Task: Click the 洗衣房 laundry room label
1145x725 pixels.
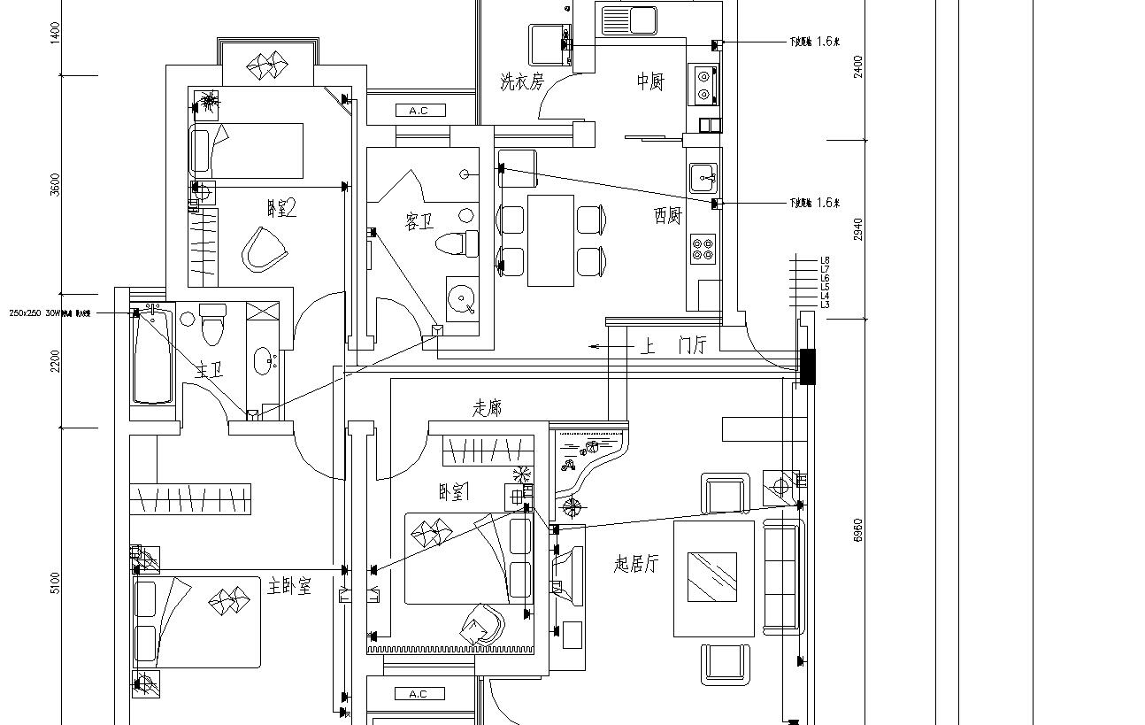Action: click(520, 82)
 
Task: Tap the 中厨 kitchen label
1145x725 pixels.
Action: click(649, 81)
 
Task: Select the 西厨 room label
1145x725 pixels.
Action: click(668, 215)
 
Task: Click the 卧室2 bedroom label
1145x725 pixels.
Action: click(281, 209)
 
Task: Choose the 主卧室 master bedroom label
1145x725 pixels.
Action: click(290, 586)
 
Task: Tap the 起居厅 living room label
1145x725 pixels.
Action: click(636, 564)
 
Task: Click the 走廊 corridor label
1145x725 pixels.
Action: click(488, 407)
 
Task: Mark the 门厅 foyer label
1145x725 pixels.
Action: click(692, 346)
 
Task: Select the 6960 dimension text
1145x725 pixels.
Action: click(857, 530)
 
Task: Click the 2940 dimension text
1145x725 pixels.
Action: click(857, 229)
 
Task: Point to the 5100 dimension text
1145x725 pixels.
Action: click(56, 582)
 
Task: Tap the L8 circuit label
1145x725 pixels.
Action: click(825, 260)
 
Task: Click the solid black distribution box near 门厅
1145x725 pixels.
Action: click(807, 366)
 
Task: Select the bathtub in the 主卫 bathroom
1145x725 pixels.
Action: click(152, 355)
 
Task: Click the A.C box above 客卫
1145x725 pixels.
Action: click(419, 111)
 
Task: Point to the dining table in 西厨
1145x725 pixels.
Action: click(550, 240)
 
